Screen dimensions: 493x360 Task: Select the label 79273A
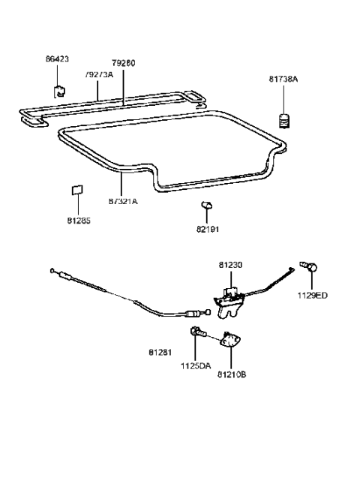(99, 75)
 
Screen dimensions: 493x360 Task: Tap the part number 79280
(124, 63)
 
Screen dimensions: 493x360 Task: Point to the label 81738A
(284, 78)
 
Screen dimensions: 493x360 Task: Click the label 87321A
(123, 202)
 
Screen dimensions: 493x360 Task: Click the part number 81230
(230, 264)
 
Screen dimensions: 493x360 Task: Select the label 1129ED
(313, 295)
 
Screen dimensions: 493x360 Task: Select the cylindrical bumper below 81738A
(284, 120)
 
